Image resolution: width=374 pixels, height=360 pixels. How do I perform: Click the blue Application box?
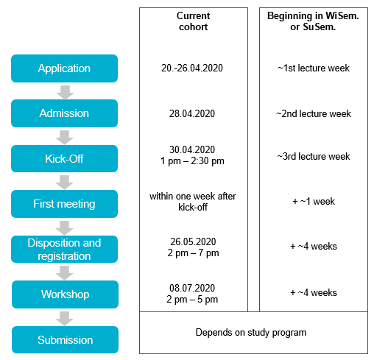click(64, 68)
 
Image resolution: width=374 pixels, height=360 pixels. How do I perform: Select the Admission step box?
click(64, 113)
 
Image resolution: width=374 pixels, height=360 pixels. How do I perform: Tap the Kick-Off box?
click(64, 158)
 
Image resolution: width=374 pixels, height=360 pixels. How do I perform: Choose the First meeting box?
click(64, 204)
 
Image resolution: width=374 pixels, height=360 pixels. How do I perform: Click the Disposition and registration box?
click(64, 249)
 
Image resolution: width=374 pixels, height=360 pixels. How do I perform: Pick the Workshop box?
click(65, 294)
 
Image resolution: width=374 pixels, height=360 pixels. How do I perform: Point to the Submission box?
click(65, 339)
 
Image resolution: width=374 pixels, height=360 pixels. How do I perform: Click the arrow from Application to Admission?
click(65, 93)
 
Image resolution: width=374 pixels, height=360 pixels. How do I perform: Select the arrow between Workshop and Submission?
click(64, 319)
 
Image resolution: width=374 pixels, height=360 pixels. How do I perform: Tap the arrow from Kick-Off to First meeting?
click(64, 183)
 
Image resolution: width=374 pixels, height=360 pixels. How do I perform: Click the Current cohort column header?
click(193, 21)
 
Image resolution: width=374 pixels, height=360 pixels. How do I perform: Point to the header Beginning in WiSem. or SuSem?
click(313, 21)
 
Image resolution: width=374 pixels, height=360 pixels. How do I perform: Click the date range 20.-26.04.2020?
click(192, 68)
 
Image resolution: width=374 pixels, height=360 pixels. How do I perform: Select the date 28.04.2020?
click(192, 113)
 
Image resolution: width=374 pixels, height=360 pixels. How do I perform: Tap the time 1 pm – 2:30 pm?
click(192, 161)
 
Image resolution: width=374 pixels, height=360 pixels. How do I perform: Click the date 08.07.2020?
click(192, 288)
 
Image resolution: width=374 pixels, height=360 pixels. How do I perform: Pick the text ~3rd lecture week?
click(314, 156)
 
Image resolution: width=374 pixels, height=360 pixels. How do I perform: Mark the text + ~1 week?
click(314, 201)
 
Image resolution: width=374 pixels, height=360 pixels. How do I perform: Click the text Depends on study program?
click(251, 333)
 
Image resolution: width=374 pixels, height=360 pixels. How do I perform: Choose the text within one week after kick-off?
click(193, 202)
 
